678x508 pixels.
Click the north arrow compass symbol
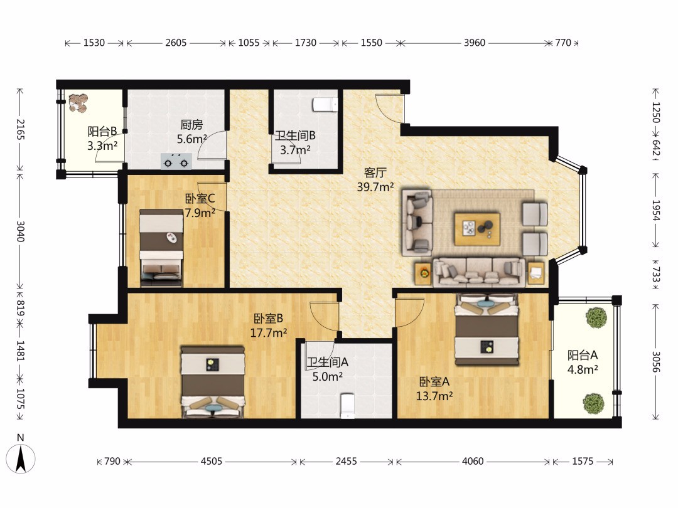coord(20,458)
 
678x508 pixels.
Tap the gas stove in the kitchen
coord(176,162)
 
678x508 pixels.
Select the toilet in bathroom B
coord(325,105)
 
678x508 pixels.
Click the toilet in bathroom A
coord(347,406)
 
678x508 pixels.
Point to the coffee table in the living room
coord(477,229)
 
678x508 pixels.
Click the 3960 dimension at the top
coord(475,43)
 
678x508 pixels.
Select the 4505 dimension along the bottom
coord(212,462)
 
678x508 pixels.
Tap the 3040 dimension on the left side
coord(20,231)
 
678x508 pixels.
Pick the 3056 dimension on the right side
coord(656,361)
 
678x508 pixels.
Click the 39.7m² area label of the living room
coord(375,187)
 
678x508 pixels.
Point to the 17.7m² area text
coord(269,332)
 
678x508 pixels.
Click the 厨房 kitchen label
coord(191,125)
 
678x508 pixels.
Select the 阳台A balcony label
coord(583,355)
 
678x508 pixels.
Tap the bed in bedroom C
coord(161,248)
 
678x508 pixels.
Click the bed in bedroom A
coord(487,329)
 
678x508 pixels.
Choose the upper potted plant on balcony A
coord(597,317)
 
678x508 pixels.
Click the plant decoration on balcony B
coord(78,103)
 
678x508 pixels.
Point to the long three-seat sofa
coord(478,272)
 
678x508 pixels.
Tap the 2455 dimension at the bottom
coord(347,462)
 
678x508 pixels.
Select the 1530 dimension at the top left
coord(94,43)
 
